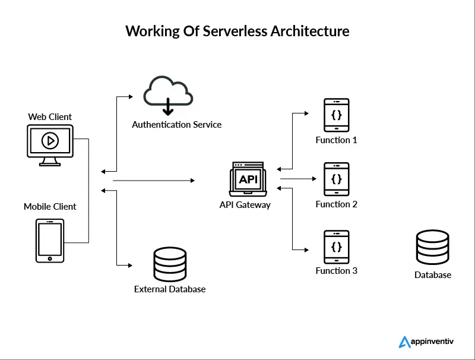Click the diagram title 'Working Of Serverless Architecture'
click(237, 31)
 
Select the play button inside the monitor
click(50, 140)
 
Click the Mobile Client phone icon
click(50, 241)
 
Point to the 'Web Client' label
click(50, 116)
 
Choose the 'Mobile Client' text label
click(50, 207)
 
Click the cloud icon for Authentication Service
click(168, 97)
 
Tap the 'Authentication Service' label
click(176, 125)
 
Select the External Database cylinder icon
click(169, 264)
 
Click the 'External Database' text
click(170, 289)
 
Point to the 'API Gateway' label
click(245, 205)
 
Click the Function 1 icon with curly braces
click(336, 115)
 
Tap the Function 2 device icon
click(336, 179)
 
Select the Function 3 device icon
click(336, 247)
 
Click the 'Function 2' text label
click(336, 204)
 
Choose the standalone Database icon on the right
click(433, 248)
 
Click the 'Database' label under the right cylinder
click(433, 275)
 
